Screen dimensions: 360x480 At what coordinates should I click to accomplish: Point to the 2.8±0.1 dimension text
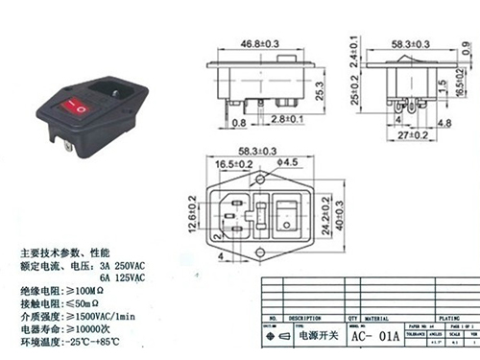click(x=287, y=119)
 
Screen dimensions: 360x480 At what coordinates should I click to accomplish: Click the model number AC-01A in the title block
click(x=373, y=337)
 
